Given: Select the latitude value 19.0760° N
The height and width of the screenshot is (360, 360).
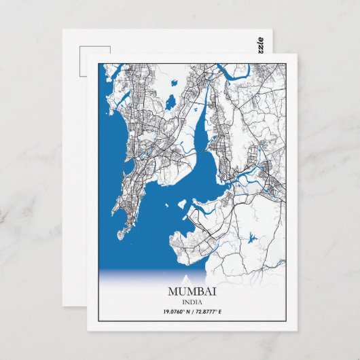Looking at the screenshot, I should tap(179, 312).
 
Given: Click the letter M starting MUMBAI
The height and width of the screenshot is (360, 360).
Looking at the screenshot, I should tap(171, 291).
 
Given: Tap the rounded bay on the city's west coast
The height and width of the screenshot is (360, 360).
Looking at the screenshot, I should tap(128, 166).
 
